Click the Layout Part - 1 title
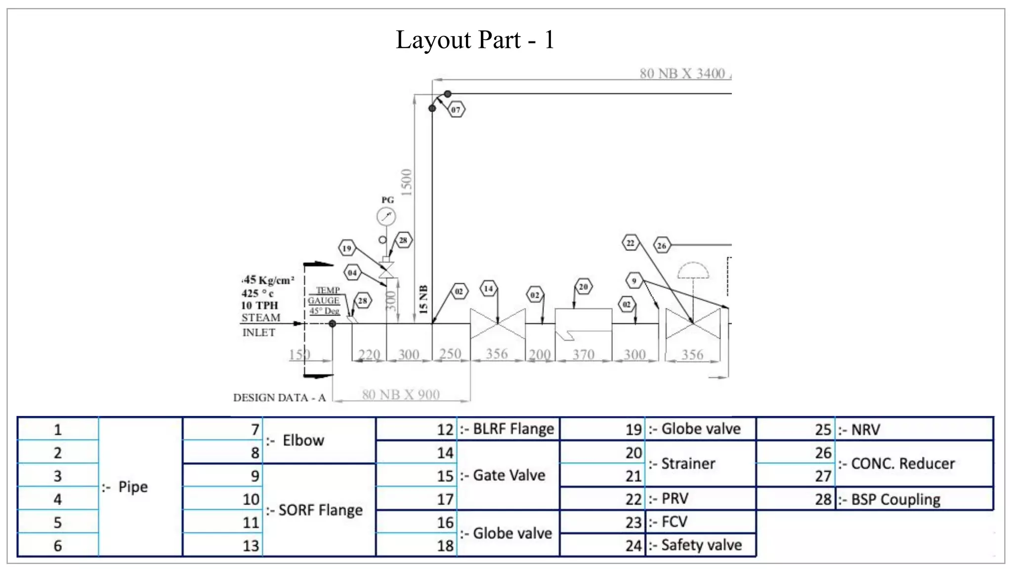tap(475, 40)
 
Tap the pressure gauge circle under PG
tap(386, 216)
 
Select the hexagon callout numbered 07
tap(456, 110)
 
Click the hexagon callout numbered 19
tap(347, 248)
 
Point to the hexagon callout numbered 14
tap(489, 288)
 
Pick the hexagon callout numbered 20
tap(584, 286)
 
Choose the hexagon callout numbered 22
tap(631, 243)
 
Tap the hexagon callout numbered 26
tap(662, 245)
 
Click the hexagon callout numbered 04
tap(352, 272)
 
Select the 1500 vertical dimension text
tap(407, 182)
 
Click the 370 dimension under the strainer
tap(583, 354)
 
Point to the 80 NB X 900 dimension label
tap(401, 395)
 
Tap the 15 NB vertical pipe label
tap(423, 299)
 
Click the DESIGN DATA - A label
tap(279, 398)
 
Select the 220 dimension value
tap(369, 354)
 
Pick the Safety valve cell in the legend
tap(701, 545)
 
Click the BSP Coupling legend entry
tap(895, 499)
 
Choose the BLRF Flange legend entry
tap(513, 429)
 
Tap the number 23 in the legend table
tap(633, 522)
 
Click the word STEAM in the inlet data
tap(261, 318)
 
